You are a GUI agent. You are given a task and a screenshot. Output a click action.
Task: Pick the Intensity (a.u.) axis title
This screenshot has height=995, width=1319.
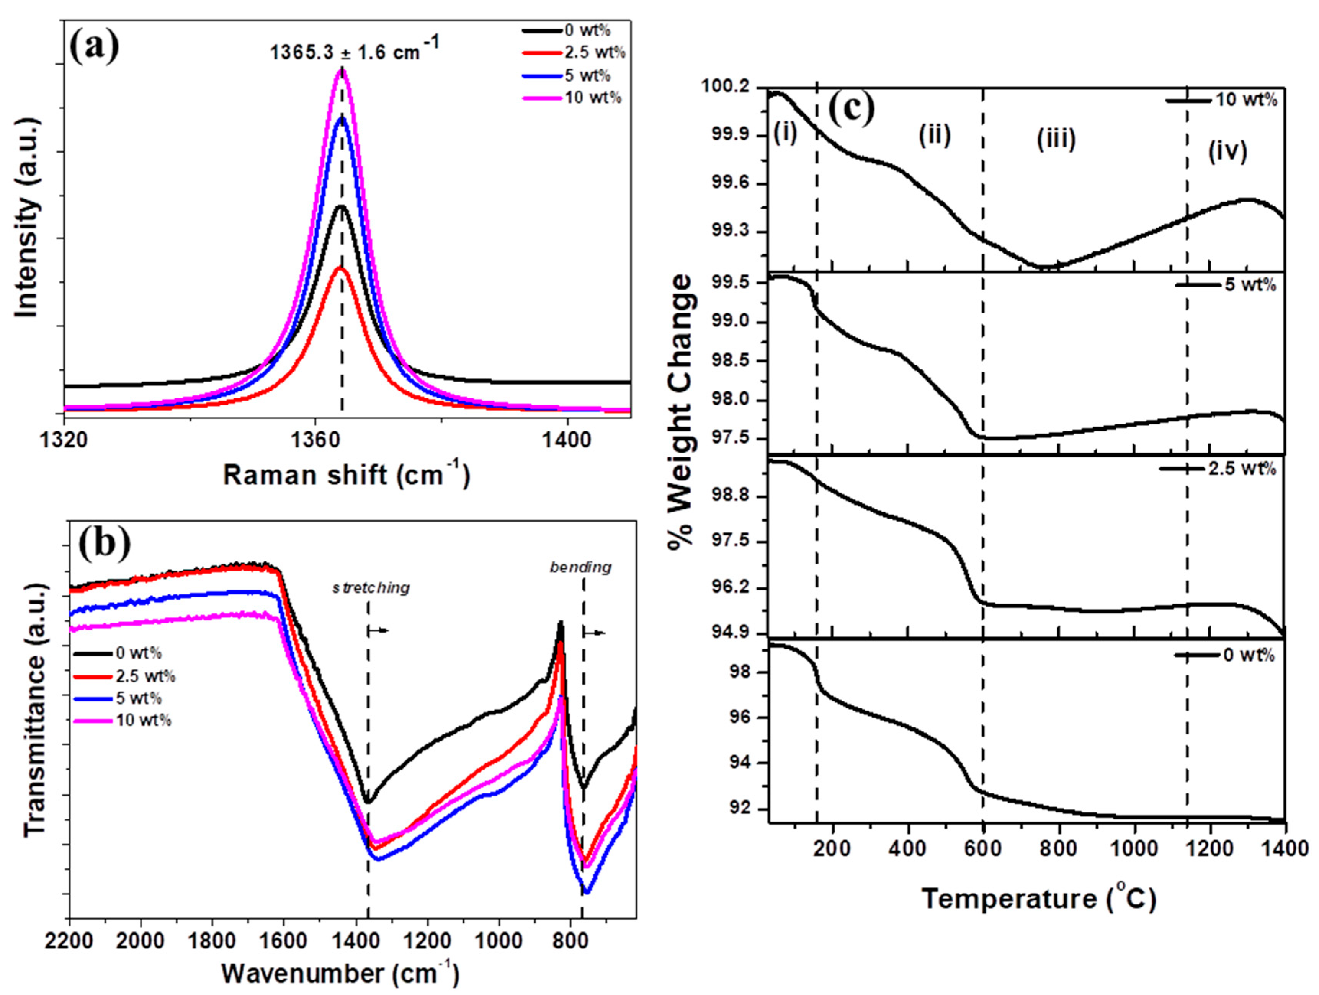tap(29, 218)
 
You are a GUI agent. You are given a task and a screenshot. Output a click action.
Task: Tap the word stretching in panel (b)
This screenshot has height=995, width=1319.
tap(371, 588)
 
